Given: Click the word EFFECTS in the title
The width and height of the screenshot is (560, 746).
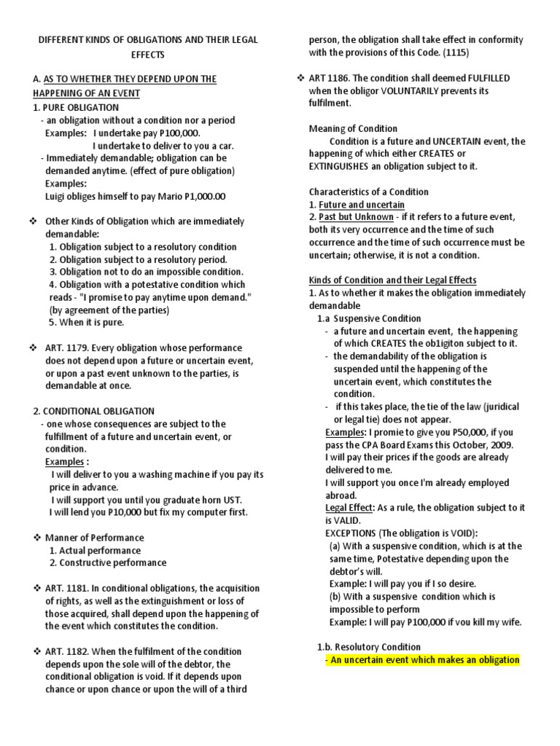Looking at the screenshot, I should tap(148, 55).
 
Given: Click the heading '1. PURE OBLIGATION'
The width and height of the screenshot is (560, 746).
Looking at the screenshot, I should tap(76, 107).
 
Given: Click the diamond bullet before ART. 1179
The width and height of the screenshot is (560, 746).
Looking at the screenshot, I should tap(34, 348).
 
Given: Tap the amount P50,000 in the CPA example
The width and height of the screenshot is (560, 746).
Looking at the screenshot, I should tap(457, 432).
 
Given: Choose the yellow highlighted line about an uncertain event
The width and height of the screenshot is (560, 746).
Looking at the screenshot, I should tap(422, 659).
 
